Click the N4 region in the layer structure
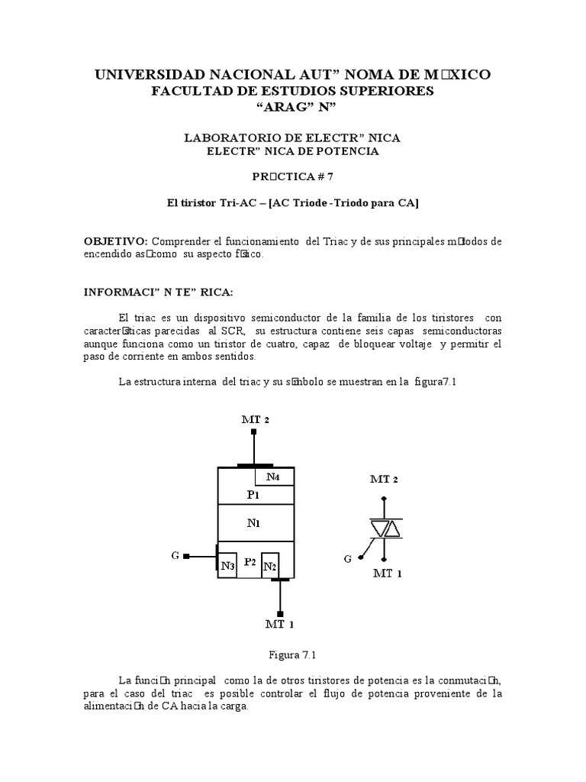[x=274, y=478]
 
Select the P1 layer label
[x=254, y=494]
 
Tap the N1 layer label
[x=254, y=524]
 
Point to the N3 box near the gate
[x=227, y=566]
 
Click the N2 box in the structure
[x=270, y=566]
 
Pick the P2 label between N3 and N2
[x=249, y=562]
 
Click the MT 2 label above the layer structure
[x=255, y=420]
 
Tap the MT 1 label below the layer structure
[x=279, y=625]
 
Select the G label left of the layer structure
[x=175, y=554]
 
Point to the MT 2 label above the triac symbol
[x=384, y=480]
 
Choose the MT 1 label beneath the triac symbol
[x=388, y=573]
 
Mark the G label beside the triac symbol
[x=348, y=559]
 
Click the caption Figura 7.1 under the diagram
[x=292, y=654]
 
